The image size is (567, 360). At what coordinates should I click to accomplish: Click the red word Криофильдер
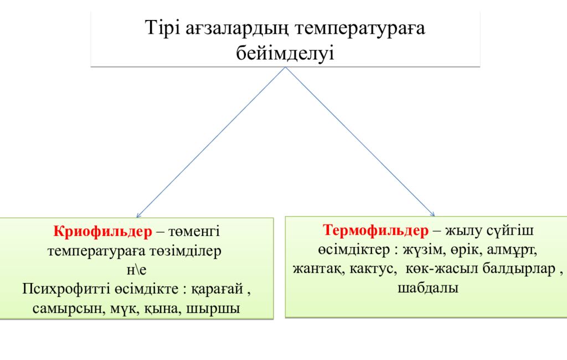pyautogui.click(x=102, y=232)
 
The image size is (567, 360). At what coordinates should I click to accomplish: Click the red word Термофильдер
pyautogui.click(x=376, y=230)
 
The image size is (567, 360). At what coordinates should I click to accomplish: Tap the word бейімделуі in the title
pyautogui.click(x=285, y=53)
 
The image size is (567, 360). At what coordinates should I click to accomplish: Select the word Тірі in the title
pyautogui.click(x=162, y=28)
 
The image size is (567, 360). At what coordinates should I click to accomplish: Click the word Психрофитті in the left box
pyautogui.click(x=67, y=289)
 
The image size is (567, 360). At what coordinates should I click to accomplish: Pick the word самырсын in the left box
pyautogui.click(x=67, y=309)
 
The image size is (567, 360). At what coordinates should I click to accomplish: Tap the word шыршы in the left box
pyautogui.click(x=213, y=309)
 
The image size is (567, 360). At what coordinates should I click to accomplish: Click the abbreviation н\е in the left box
pyautogui.click(x=136, y=270)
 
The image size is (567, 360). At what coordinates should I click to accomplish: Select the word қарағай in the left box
pyautogui.click(x=217, y=290)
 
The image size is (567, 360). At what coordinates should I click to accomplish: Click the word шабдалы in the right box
pyautogui.click(x=428, y=288)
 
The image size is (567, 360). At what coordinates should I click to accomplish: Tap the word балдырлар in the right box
pyautogui.click(x=519, y=269)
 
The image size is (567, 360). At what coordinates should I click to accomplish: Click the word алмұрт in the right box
pyautogui.click(x=512, y=250)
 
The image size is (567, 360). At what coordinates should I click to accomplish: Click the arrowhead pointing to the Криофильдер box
pyautogui.click(x=138, y=216)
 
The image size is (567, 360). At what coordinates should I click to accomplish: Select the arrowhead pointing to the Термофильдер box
pyautogui.click(x=433, y=214)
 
